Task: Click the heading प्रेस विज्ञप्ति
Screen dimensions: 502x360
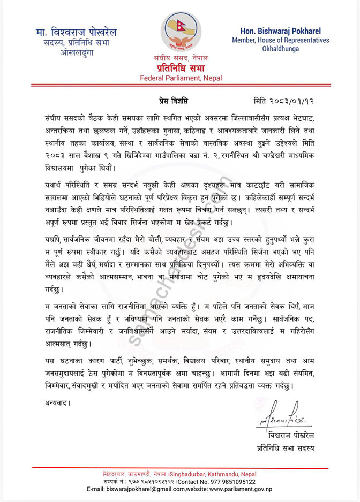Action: pos(175,101)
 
